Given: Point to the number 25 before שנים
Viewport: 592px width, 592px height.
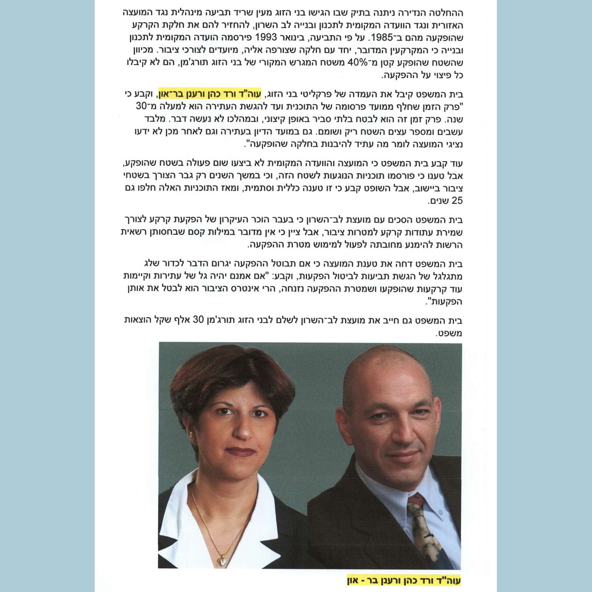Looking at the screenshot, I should pos(457,201).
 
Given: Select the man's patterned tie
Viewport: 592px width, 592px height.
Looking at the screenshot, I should pos(429,529).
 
